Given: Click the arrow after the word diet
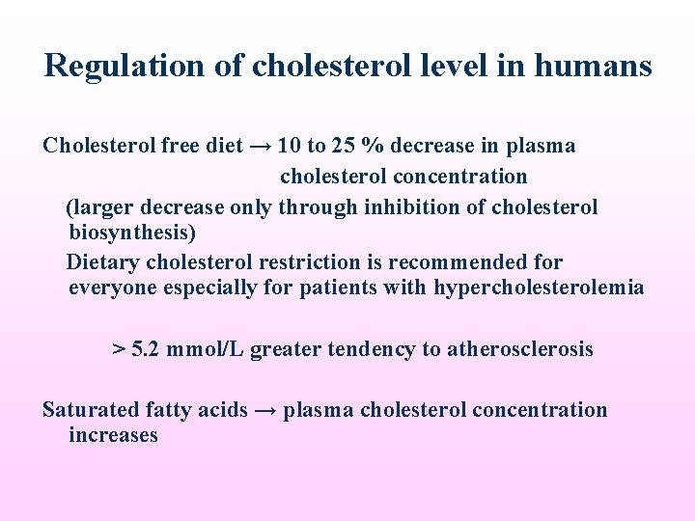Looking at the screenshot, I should point(260,147).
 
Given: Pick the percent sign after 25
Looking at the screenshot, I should point(372,147).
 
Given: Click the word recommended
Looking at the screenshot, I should point(450,262).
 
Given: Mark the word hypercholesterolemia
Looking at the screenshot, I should point(539,288).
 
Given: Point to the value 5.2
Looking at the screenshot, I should point(146,349).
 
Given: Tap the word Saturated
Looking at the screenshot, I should point(90,410).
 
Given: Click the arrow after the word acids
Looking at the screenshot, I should point(266,410).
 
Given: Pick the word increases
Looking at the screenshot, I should point(113,435).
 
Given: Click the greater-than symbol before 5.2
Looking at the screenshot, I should point(119,349).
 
